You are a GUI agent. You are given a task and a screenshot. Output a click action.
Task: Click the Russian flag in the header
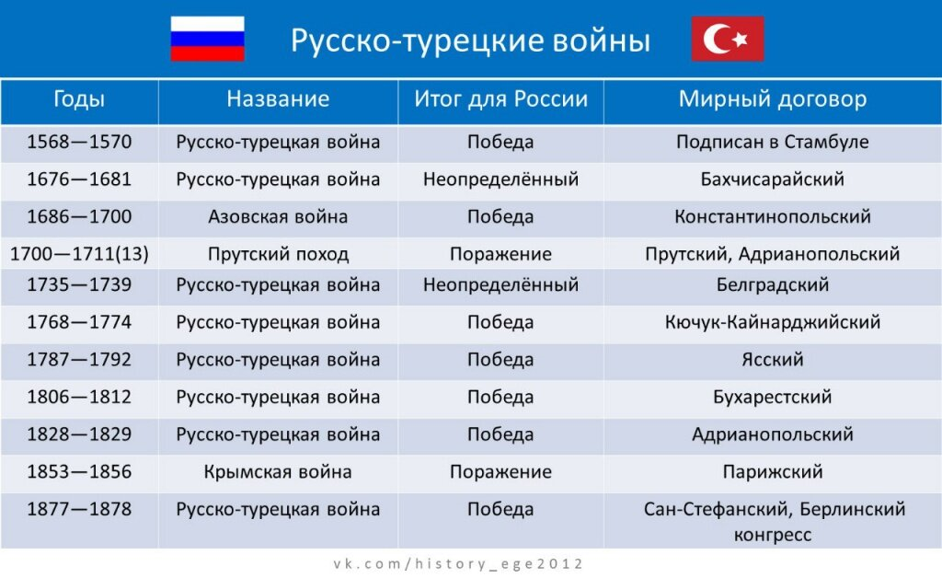(x=207, y=39)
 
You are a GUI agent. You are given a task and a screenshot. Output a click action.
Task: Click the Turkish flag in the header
(x=728, y=39)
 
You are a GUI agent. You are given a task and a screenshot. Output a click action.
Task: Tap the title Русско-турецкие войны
(x=470, y=40)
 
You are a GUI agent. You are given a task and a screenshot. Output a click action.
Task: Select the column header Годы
(x=79, y=98)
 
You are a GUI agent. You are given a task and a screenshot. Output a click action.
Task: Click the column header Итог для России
(x=500, y=98)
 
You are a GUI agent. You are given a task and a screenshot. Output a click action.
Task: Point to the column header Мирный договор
(x=773, y=98)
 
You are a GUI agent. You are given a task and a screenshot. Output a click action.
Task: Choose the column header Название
(x=278, y=98)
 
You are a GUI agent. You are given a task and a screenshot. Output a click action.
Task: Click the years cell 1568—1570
(x=79, y=142)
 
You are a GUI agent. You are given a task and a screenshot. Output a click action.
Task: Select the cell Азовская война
(x=278, y=216)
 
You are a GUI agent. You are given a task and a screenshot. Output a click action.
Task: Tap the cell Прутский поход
(x=278, y=254)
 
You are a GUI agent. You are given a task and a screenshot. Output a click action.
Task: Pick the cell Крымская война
(x=278, y=471)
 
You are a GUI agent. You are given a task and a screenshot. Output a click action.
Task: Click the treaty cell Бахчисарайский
(x=773, y=179)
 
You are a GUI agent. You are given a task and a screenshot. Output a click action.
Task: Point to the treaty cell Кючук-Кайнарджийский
(x=773, y=322)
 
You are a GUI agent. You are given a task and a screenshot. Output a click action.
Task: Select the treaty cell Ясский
(x=773, y=359)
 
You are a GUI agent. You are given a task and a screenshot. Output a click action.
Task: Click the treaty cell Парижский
(x=773, y=471)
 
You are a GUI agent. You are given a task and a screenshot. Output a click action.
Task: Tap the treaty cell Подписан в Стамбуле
(x=773, y=142)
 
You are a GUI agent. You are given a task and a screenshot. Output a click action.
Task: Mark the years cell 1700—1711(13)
(x=79, y=254)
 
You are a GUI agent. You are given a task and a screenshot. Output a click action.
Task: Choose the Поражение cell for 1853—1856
(x=500, y=471)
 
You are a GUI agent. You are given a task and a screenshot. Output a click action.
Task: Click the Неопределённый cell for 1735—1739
(x=500, y=284)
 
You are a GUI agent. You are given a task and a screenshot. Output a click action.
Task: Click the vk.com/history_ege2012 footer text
(x=458, y=564)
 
